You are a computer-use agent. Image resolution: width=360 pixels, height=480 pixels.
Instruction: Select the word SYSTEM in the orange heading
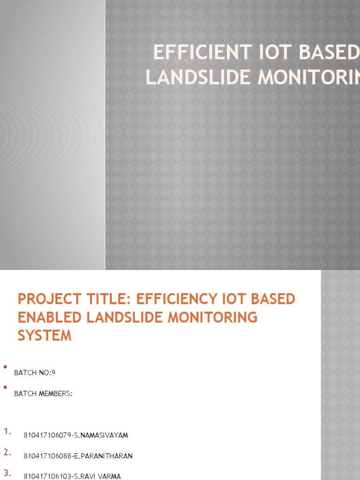[45, 336]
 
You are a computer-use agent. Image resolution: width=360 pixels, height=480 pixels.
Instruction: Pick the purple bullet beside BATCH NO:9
[5, 367]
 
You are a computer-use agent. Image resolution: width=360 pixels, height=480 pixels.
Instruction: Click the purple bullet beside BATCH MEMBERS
[5, 387]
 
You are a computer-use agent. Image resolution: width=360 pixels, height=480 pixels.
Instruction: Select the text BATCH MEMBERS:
[44, 394]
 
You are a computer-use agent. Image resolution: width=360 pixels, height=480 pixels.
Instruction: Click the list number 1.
[7, 432]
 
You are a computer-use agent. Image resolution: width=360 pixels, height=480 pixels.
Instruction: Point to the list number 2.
[7, 452]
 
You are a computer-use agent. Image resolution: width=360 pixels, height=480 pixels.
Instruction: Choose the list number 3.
[7, 472]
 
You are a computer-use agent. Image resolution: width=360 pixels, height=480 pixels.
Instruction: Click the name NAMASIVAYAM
[104, 435]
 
